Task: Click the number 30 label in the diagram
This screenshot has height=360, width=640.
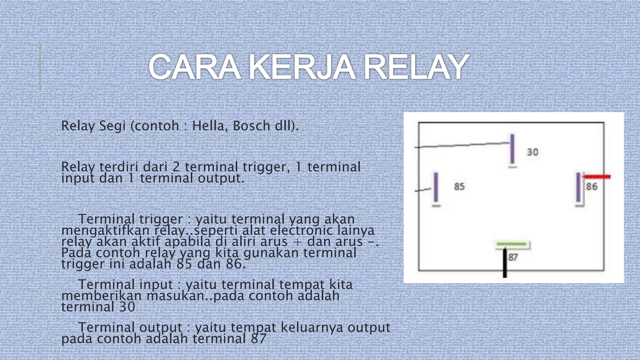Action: click(532, 152)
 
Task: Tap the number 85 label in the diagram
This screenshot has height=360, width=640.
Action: click(459, 187)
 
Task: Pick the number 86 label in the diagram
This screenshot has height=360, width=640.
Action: click(592, 187)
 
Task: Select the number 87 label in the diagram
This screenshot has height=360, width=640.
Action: click(513, 257)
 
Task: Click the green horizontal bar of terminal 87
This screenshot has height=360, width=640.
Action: click(512, 244)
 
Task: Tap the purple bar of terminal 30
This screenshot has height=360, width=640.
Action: click(512, 149)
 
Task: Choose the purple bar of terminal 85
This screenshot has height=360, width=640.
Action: click(436, 187)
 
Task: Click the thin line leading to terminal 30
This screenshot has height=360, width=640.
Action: click(462, 145)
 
